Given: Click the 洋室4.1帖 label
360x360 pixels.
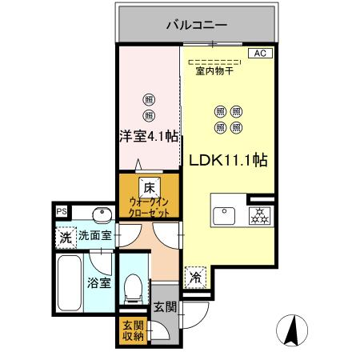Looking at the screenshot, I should click(149, 136).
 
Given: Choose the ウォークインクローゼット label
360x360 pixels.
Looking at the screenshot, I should click(149, 210).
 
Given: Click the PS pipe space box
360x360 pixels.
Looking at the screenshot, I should click(62, 210).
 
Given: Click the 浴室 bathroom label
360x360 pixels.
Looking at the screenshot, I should click(100, 282).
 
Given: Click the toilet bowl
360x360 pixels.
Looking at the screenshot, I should click(134, 286).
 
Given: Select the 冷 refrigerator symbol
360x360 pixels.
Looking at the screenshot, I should click(195, 277).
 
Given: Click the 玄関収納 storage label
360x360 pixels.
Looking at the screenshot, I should click(132, 330).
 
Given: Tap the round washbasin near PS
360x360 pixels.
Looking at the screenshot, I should click(100, 214).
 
